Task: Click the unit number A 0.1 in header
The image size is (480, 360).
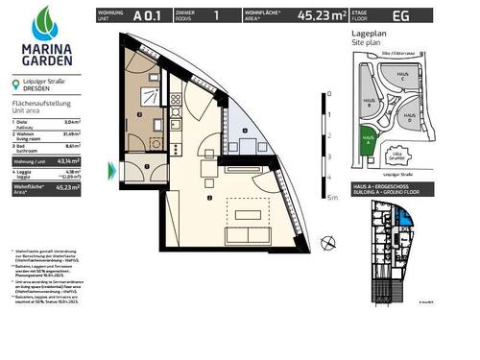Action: tap(147, 15)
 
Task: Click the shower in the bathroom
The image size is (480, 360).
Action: tap(150, 95)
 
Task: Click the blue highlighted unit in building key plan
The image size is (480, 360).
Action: tap(409, 227)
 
